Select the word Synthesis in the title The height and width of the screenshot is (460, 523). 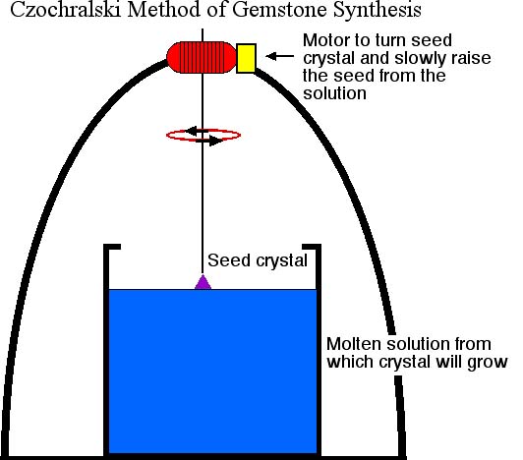(x=378, y=10)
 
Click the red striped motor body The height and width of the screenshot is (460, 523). (x=202, y=57)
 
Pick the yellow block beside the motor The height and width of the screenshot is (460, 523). (x=246, y=58)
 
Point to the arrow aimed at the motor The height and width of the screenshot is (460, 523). (x=279, y=56)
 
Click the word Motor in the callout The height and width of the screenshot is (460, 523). (x=326, y=40)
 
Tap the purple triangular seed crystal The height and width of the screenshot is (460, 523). (x=203, y=282)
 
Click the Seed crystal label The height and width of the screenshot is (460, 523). (x=258, y=260)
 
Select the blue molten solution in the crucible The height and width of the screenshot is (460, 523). (x=212, y=371)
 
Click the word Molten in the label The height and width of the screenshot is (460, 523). (x=354, y=344)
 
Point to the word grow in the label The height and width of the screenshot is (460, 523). (x=488, y=363)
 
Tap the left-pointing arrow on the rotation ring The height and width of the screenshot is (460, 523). (x=197, y=131)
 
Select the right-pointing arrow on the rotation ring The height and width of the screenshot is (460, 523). (x=209, y=141)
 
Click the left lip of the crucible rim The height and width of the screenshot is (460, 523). (x=112, y=247)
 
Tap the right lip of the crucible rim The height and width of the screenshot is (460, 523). (x=312, y=247)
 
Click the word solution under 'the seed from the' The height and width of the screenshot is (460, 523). (x=334, y=93)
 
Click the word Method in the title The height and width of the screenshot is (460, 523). (x=164, y=10)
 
